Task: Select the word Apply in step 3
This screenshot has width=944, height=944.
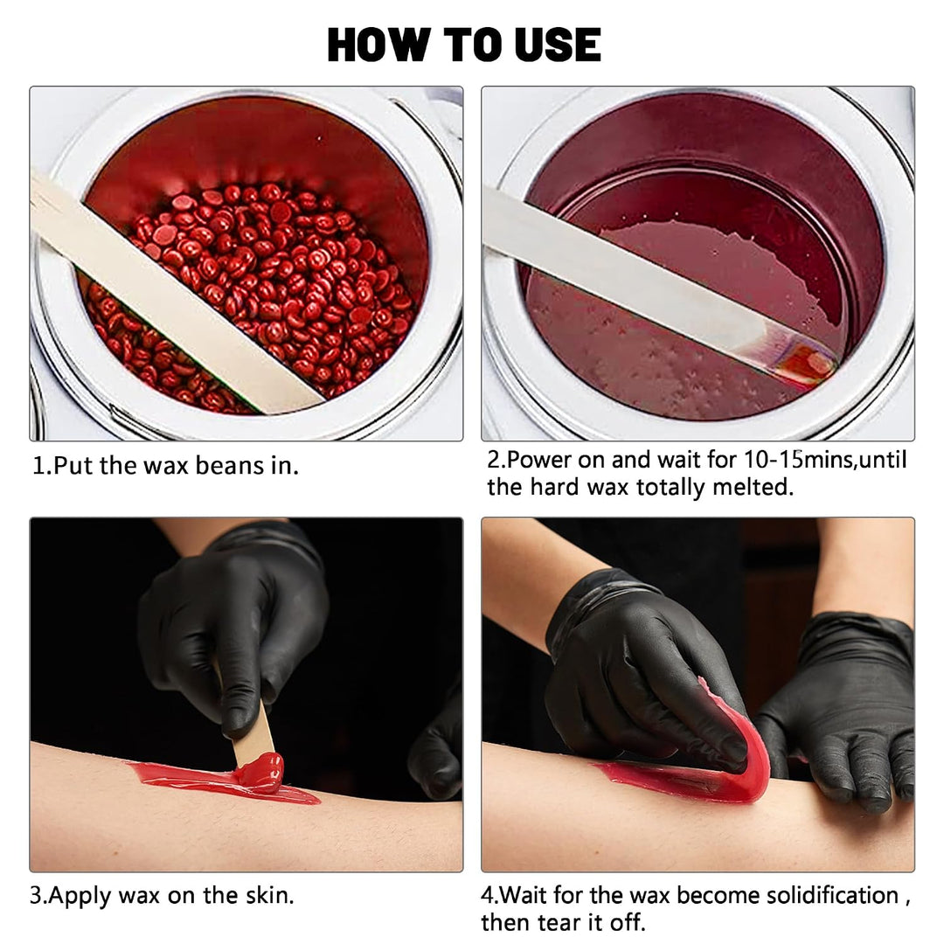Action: coord(80,896)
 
